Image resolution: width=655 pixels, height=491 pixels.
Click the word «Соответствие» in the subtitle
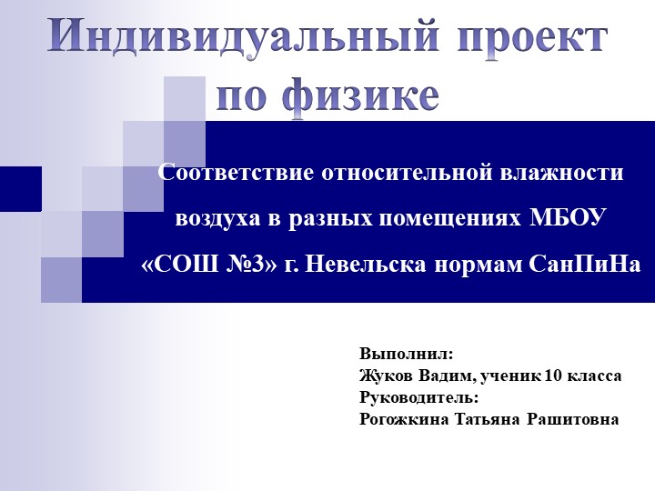click(x=236, y=172)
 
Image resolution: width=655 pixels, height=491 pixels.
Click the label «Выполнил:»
click(x=406, y=353)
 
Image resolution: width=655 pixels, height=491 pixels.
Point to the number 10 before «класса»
click(x=553, y=375)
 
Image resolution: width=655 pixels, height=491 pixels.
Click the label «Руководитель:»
click(x=418, y=397)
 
